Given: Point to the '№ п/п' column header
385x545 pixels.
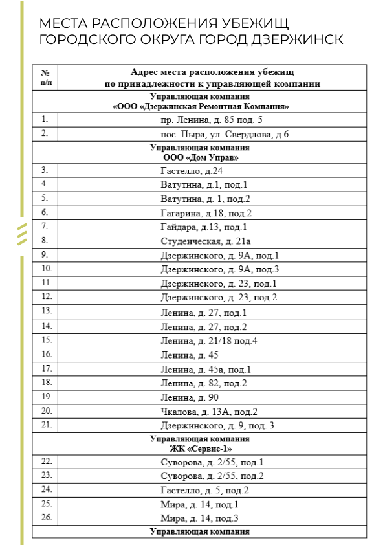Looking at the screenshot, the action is pyautogui.click(x=45, y=78).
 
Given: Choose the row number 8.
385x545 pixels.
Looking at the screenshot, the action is pyautogui.click(x=45, y=240).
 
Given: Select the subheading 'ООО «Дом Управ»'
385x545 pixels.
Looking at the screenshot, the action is pyautogui.click(x=201, y=157).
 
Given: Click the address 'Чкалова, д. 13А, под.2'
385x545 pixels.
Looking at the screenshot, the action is pyautogui.click(x=209, y=412).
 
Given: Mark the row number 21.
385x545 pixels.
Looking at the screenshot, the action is pyautogui.click(x=45, y=424).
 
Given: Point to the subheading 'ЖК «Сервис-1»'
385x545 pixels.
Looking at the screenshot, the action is pyautogui.click(x=201, y=448).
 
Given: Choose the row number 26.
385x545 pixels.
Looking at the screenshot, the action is pyautogui.click(x=45, y=517).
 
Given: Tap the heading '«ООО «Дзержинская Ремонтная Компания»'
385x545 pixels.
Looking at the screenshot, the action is pyautogui.click(x=201, y=107).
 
